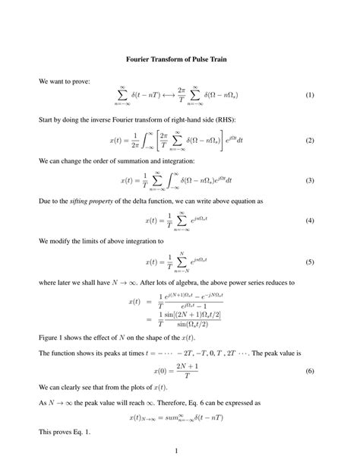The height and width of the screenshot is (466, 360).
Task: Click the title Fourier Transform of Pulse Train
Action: tap(180, 59)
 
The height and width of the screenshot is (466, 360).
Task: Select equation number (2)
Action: tap(309, 141)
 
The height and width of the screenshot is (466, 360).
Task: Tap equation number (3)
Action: tap(309, 180)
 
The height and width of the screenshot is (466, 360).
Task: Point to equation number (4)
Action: tap(309, 220)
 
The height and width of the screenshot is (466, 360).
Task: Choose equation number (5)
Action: tap(309, 262)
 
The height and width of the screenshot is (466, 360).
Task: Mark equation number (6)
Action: tap(309, 371)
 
